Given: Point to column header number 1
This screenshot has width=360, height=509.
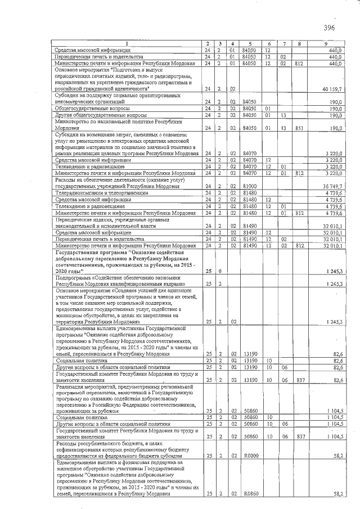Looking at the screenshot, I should tap(127, 44).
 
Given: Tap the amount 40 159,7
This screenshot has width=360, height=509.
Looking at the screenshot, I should tap(333, 89).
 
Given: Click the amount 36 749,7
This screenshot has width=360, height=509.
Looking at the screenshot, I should tap(333, 186).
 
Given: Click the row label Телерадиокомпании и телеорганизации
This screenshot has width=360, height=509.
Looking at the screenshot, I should tap(101, 192).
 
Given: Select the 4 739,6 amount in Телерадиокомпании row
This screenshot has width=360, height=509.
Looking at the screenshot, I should tap(335, 192).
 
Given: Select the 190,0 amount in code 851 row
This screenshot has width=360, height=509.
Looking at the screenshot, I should tap(336, 128).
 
